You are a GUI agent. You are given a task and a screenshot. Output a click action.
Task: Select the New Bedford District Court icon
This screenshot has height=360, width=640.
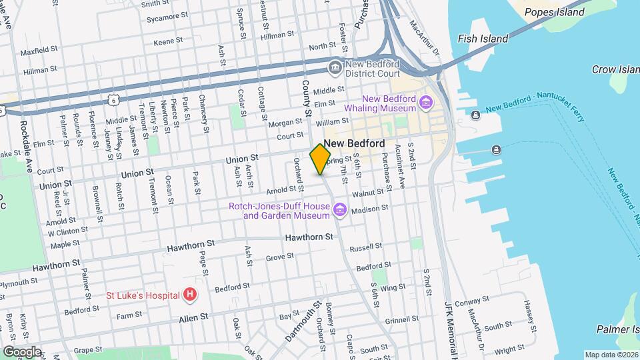(334, 67)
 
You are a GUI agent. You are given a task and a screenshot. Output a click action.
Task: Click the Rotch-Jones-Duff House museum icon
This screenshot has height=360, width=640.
(340, 211)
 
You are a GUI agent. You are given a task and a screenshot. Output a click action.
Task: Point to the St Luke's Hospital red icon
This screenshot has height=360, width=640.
(191, 294)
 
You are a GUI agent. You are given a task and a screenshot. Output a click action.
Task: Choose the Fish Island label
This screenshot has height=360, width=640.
(483, 39)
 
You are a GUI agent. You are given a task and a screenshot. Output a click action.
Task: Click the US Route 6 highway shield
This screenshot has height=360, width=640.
(113, 99)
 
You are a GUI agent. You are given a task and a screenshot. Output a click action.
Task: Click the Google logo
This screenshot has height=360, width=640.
(22, 351)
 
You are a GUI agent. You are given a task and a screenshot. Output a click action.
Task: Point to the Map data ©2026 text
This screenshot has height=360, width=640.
(611, 354)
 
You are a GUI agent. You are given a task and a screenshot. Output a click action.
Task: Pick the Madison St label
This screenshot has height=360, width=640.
(369, 209)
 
